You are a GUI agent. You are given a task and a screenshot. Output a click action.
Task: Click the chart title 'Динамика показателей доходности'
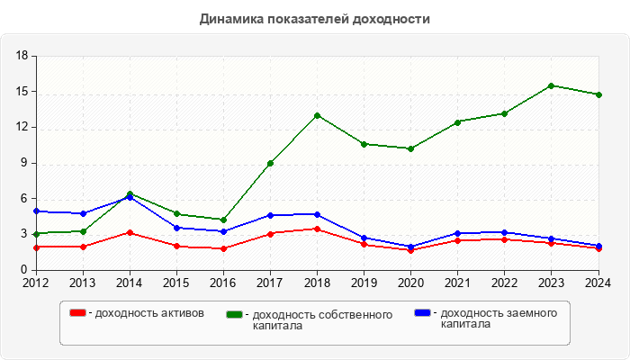coord(315,19)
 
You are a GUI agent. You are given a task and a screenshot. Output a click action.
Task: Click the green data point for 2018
coord(317,115)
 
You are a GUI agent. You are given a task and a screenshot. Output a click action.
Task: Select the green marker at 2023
coord(551,85)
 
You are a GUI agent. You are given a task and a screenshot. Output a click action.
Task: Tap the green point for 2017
coord(270,163)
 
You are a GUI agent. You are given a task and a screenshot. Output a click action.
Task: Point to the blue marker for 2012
coord(36,211)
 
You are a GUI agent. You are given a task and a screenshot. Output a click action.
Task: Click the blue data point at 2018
coord(317,214)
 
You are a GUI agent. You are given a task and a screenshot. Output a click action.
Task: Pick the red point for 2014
coord(130,232)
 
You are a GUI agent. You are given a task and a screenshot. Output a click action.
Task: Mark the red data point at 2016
coord(223,248)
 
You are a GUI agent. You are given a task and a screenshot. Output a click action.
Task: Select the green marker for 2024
coord(598,94)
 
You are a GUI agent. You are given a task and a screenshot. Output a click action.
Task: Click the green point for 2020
coord(410,148)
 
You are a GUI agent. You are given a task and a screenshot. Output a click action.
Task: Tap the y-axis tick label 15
coord(22,92)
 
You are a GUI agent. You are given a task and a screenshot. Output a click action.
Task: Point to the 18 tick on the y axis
coord(22,56)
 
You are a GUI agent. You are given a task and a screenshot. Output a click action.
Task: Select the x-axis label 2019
coord(364,283)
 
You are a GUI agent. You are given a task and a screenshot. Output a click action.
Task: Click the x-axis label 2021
coord(457,283)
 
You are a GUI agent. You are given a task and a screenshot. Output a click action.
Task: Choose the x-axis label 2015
coord(176,283)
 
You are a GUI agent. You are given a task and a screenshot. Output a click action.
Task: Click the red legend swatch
coord(78,313)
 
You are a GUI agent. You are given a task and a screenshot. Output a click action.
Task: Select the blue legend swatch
coord(421,313)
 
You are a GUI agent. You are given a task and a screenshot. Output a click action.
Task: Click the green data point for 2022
coord(504,113)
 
